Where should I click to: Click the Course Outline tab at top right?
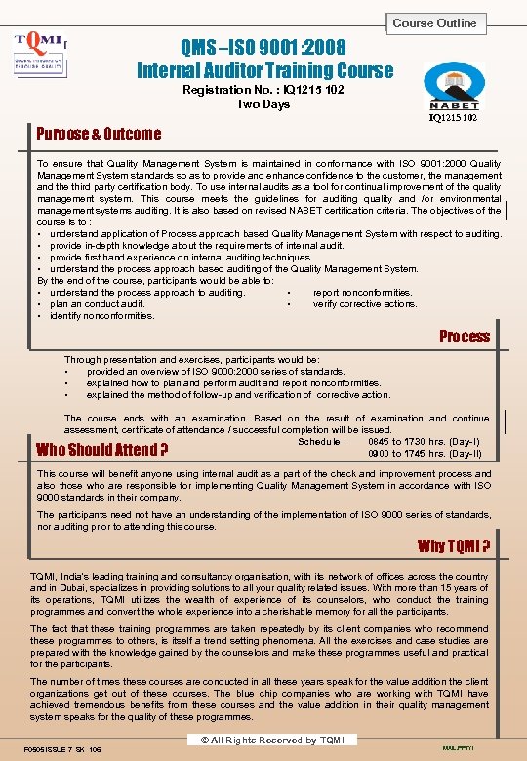click(x=434, y=22)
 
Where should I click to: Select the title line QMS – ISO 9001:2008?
click(x=263, y=47)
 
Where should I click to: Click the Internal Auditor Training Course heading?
click(x=264, y=70)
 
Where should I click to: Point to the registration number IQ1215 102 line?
click(x=263, y=90)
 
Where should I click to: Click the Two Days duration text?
click(x=263, y=104)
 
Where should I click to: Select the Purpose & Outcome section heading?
click(x=99, y=134)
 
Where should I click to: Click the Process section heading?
click(x=464, y=337)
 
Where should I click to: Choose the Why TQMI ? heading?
click(x=453, y=545)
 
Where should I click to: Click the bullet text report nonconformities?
click(x=362, y=292)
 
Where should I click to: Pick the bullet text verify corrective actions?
click(x=364, y=303)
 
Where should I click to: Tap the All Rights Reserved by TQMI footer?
click(x=260, y=741)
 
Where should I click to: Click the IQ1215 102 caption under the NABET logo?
click(x=454, y=117)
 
